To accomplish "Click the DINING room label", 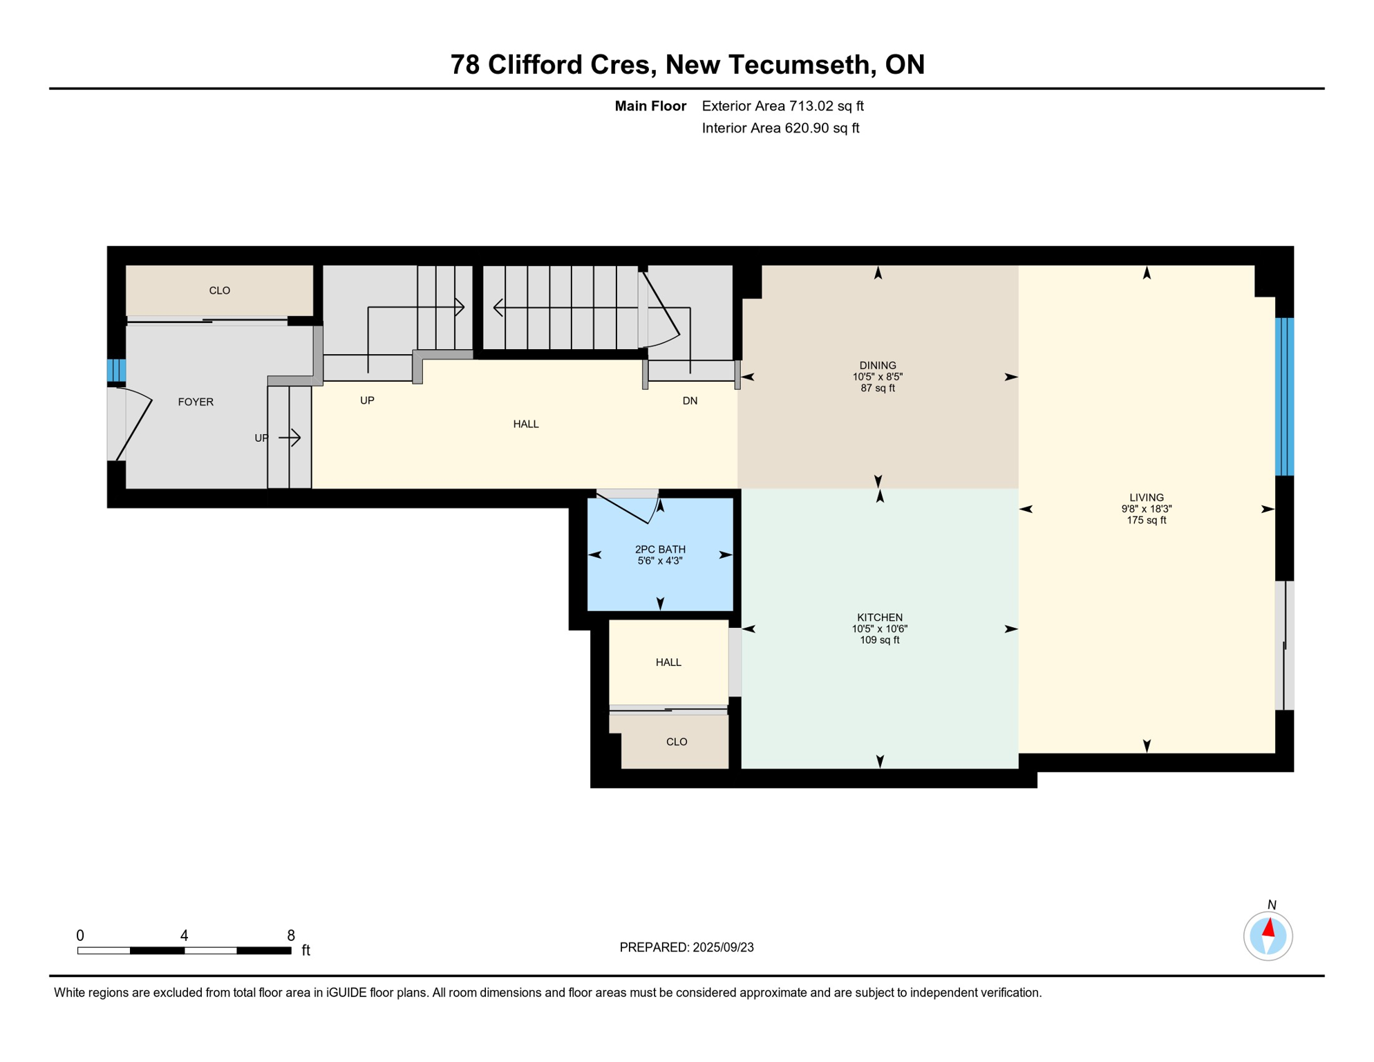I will coord(878,365).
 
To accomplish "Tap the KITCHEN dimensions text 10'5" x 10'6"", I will coord(879,628).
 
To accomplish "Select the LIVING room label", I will coord(1147,497).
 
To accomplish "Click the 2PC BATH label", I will coord(660,549).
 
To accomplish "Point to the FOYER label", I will coord(196,402).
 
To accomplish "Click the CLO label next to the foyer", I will coord(220,290).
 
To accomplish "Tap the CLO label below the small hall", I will coord(677,742).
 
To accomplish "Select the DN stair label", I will coord(690,400).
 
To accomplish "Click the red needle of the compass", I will coord(1269,927).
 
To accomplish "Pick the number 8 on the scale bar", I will coord(291,935).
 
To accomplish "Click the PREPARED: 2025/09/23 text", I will coord(686,947).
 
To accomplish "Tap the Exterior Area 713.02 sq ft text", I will coord(782,106).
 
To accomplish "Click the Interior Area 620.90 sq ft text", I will coord(780,128).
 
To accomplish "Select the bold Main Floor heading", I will coord(650,106).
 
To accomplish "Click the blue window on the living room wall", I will coord(1284,396).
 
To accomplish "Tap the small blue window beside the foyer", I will coord(116,370).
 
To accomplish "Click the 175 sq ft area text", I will coord(1147,520).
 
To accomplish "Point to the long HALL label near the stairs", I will coord(526,424).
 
